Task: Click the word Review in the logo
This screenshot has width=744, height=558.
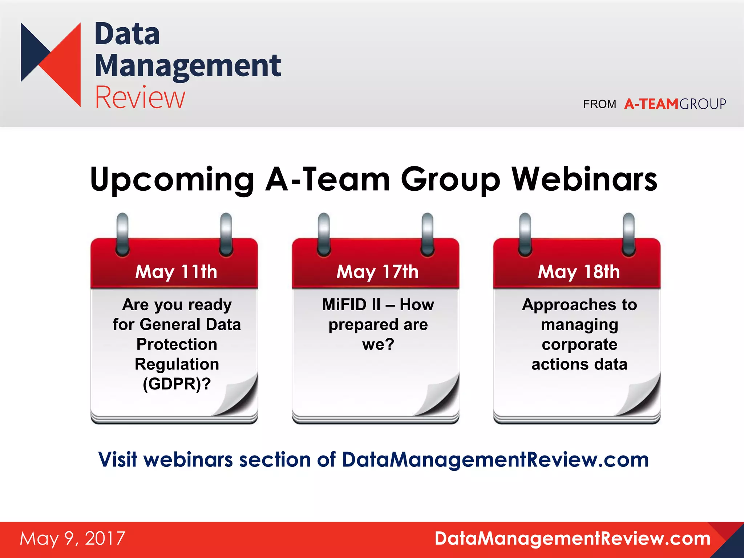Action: click(140, 97)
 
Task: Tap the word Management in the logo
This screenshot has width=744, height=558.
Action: click(188, 66)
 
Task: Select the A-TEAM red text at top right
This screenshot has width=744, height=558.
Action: click(651, 104)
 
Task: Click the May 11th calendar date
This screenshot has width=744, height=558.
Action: click(176, 272)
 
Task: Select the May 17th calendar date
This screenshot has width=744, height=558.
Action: click(377, 272)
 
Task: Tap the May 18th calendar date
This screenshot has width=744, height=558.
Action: click(579, 272)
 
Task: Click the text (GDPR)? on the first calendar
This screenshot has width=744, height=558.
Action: click(177, 384)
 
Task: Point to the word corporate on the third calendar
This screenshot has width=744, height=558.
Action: click(579, 344)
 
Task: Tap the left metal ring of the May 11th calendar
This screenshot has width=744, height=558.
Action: click(122, 234)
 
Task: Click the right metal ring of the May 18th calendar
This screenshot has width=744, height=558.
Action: click(629, 234)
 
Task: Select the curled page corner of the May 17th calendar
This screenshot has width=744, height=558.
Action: click(441, 398)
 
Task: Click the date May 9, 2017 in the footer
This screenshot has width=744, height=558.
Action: click(73, 538)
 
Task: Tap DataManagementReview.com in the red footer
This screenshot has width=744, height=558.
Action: click(573, 538)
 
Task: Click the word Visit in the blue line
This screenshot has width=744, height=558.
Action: click(118, 460)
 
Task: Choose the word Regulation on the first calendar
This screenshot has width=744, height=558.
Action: click(177, 364)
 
